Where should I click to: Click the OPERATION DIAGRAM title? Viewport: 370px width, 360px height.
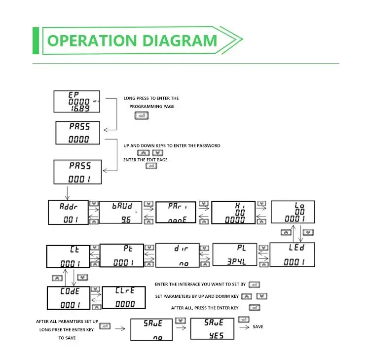pyautogui.click(x=132, y=40)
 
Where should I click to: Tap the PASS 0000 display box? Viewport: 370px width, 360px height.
pyautogui.click(x=78, y=133)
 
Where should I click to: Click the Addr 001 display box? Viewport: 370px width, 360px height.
pyautogui.click(x=68, y=213)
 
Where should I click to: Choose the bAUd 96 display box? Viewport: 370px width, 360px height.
pyautogui.click(x=121, y=213)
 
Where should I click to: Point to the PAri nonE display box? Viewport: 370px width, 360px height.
pyautogui.click(x=177, y=213)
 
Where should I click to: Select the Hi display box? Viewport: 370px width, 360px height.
pyautogui.click(x=233, y=213)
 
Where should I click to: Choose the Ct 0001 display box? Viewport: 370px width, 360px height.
pyautogui.click(x=68, y=256)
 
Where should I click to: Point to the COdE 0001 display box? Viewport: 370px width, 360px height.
pyautogui.click(x=68, y=298)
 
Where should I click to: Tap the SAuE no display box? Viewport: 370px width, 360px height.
pyautogui.click(x=152, y=329)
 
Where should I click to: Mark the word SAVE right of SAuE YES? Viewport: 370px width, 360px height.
pyautogui.click(x=258, y=327)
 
